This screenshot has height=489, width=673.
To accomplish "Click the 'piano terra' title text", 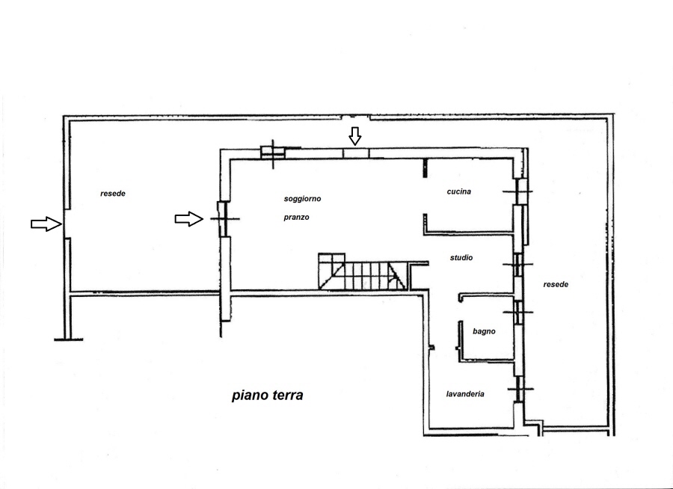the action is pyautogui.click(x=268, y=396).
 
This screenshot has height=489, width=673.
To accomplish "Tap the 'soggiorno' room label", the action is pyautogui.click(x=303, y=199).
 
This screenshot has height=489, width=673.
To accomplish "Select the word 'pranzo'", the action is pyautogui.click(x=297, y=218).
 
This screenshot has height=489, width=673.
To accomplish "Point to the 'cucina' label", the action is pyautogui.click(x=459, y=191).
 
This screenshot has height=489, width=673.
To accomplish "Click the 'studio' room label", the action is pyautogui.click(x=461, y=258).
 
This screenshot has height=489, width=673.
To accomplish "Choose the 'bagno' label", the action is pyautogui.click(x=484, y=331).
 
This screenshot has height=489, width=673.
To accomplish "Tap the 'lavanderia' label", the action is pyautogui.click(x=465, y=394).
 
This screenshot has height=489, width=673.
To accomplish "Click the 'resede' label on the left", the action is pyautogui.click(x=113, y=194).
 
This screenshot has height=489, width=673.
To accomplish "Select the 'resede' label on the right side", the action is pyautogui.click(x=556, y=284).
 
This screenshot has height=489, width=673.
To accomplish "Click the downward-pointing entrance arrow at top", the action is pyautogui.click(x=355, y=136).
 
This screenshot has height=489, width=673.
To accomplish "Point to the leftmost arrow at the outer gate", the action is pyautogui.click(x=46, y=224).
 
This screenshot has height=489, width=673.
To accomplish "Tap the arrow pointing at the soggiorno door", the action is pyautogui.click(x=189, y=219).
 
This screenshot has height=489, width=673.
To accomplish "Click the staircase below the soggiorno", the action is pyautogui.click(x=362, y=271).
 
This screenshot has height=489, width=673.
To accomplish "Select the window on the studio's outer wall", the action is pyautogui.click(x=518, y=265).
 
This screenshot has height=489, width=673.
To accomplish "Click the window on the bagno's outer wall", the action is pyautogui.click(x=518, y=312).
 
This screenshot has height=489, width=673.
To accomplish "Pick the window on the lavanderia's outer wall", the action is pyautogui.click(x=520, y=389).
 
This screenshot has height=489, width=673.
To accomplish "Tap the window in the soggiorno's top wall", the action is pyautogui.click(x=273, y=153).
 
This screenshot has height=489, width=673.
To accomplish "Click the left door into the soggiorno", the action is pyautogui.click(x=224, y=219).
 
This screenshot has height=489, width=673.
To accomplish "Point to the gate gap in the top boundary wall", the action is pyautogui.click(x=356, y=117).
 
